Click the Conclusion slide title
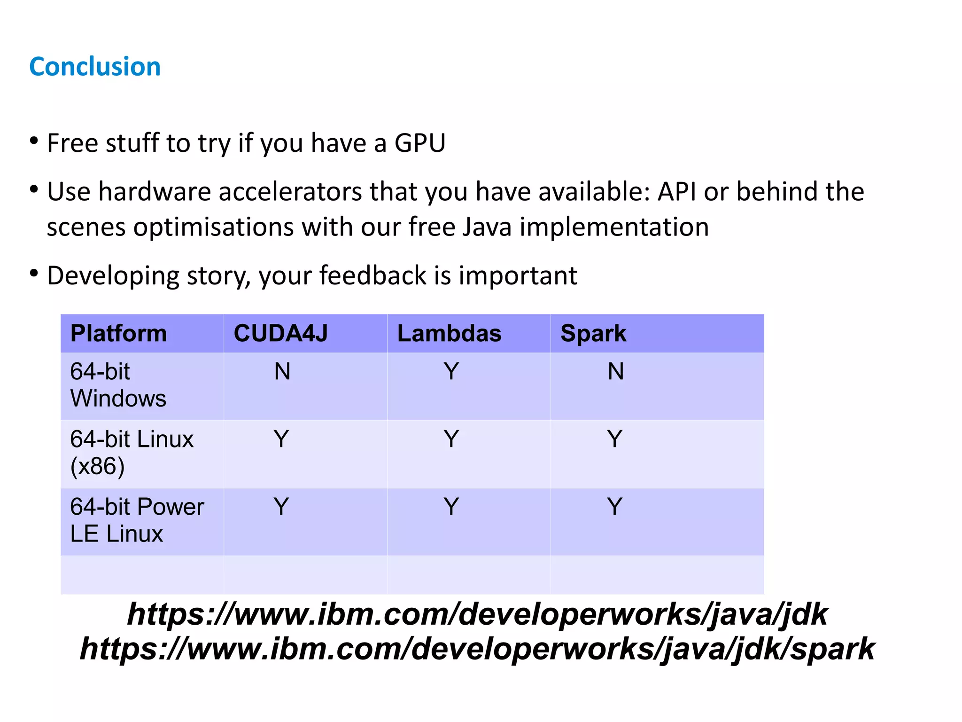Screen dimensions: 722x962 click(95, 66)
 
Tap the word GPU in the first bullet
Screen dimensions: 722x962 click(419, 143)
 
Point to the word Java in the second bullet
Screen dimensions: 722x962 click(487, 227)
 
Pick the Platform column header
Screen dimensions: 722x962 click(118, 333)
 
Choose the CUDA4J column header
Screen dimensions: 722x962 click(280, 333)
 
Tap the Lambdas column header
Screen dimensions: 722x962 click(449, 333)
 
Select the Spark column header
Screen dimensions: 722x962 click(593, 334)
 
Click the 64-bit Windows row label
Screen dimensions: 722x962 click(118, 385)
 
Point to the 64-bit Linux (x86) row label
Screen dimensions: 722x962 click(132, 452)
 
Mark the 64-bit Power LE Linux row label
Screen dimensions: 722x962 click(137, 520)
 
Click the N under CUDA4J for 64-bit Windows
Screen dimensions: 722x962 click(282, 371)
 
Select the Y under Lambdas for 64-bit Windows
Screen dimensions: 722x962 click(451, 371)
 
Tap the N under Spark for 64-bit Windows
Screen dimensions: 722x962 click(615, 371)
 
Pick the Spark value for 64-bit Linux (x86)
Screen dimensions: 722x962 click(614, 439)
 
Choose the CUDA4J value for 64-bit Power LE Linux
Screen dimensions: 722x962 click(281, 507)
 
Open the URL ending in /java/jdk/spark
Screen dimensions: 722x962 click(477, 649)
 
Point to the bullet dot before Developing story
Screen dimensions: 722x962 click(33, 273)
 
